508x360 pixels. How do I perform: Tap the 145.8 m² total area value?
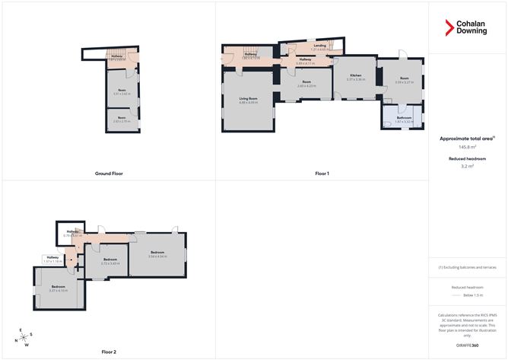[468, 147]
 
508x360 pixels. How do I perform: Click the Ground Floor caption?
[109, 174]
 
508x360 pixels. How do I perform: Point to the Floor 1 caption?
[322, 174]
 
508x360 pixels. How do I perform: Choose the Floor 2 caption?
[109, 352]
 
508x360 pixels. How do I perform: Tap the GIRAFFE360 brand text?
[468, 345]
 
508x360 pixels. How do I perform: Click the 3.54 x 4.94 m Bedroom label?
[158, 254]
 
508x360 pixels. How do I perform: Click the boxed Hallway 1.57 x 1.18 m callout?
[52, 260]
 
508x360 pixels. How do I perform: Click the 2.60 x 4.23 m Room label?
[306, 84]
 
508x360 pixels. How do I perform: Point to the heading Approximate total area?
[467, 139]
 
